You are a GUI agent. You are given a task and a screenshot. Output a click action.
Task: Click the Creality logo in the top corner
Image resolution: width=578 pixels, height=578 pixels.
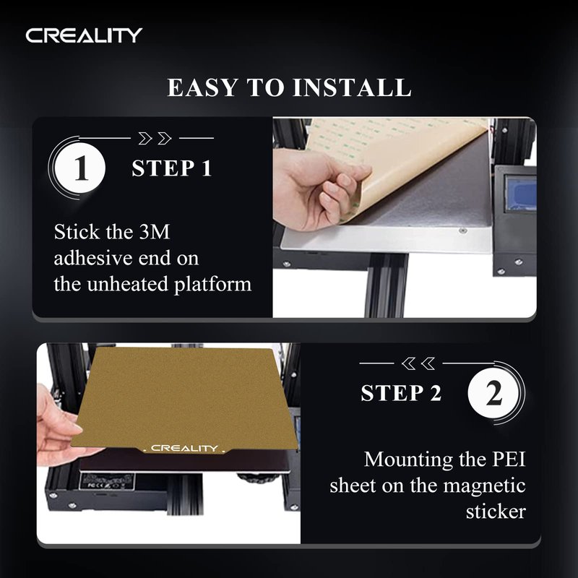(84, 35)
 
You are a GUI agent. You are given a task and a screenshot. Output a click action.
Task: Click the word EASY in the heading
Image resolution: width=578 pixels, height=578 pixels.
(202, 87)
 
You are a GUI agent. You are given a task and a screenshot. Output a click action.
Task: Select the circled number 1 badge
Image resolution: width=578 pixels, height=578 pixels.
(81, 168)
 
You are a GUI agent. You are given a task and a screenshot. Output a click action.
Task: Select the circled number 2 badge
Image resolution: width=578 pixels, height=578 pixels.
(493, 393)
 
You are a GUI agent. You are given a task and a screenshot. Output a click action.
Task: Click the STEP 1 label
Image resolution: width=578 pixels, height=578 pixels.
(172, 168)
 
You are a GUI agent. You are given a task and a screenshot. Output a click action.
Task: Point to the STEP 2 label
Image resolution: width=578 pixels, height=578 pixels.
(401, 393)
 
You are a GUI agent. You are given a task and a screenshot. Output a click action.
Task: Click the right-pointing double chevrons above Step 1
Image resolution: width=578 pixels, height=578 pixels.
(155, 138)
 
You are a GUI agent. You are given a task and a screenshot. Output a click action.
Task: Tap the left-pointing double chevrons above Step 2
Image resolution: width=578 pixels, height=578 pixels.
(418, 363)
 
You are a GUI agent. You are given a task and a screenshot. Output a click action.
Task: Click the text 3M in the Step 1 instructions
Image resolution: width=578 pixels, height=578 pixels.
(155, 232)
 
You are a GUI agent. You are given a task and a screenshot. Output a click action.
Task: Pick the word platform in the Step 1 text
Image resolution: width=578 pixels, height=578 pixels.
(212, 285)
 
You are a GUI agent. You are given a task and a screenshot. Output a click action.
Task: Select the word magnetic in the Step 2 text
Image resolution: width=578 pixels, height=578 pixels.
(484, 486)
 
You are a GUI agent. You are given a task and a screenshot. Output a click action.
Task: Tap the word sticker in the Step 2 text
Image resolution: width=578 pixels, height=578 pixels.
(496, 512)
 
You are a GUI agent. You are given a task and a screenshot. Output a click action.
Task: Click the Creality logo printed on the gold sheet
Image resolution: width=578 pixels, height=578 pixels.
(185, 448)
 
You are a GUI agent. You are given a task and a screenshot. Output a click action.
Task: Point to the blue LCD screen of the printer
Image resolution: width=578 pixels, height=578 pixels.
(520, 194)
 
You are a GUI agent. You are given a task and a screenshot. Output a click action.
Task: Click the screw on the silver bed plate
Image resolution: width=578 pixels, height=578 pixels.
(462, 230)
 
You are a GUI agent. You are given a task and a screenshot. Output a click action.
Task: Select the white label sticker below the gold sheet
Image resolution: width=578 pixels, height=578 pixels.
(107, 481)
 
